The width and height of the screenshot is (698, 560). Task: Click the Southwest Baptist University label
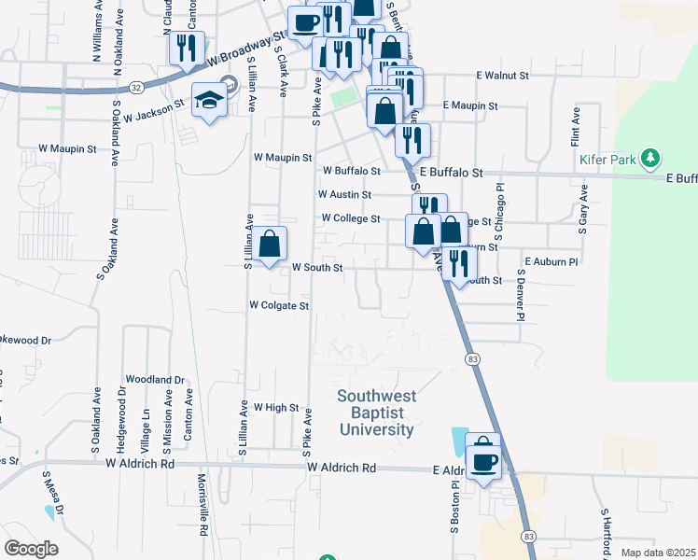[376, 413]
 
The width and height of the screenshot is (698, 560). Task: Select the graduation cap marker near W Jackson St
[209, 101]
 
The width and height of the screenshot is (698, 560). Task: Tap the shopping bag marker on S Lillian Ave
[269, 245]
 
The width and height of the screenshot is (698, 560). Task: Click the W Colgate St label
[278, 305]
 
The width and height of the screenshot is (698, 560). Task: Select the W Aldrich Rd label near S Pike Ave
[341, 467]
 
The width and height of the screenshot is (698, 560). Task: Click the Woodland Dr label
[156, 380]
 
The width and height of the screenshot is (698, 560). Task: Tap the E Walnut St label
[502, 75]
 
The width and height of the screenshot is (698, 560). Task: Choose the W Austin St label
[344, 195]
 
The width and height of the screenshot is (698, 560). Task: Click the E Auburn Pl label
[551, 262]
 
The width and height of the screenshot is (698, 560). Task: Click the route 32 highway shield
[136, 87]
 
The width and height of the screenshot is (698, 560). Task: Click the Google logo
[31, 548]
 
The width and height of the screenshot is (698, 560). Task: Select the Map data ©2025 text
[658, 553]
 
